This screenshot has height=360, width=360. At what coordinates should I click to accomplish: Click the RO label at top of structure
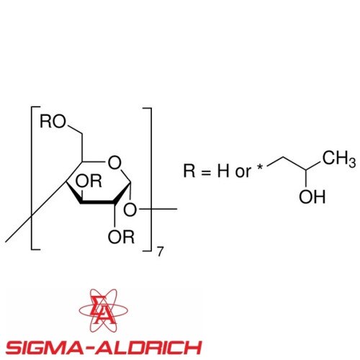(53, 122)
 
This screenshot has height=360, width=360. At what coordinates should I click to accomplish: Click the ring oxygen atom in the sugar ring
(114, 163)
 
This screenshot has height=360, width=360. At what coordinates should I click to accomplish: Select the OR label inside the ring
(89, 181)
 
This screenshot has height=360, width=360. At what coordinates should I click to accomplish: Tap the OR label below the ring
(121, 237)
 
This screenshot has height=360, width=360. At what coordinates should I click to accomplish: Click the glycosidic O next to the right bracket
(130, 210)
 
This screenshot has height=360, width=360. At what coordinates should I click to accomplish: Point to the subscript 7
(161, 252)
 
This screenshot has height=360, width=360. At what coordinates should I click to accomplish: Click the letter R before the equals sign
(189, 171)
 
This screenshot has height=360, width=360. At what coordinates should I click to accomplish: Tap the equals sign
(206, 172)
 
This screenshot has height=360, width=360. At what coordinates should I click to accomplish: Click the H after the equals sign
(223, 171)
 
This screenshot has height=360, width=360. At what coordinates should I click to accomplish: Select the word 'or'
(243, 172)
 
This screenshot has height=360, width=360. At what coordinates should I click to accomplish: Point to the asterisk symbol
(260, 167)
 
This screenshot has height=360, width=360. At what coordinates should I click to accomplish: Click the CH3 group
(339, 158)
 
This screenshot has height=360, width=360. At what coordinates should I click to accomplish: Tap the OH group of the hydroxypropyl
(312, 197)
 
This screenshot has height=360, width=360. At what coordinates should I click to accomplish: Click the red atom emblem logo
(104, 310)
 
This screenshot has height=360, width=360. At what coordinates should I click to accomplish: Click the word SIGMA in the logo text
(45, 347)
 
